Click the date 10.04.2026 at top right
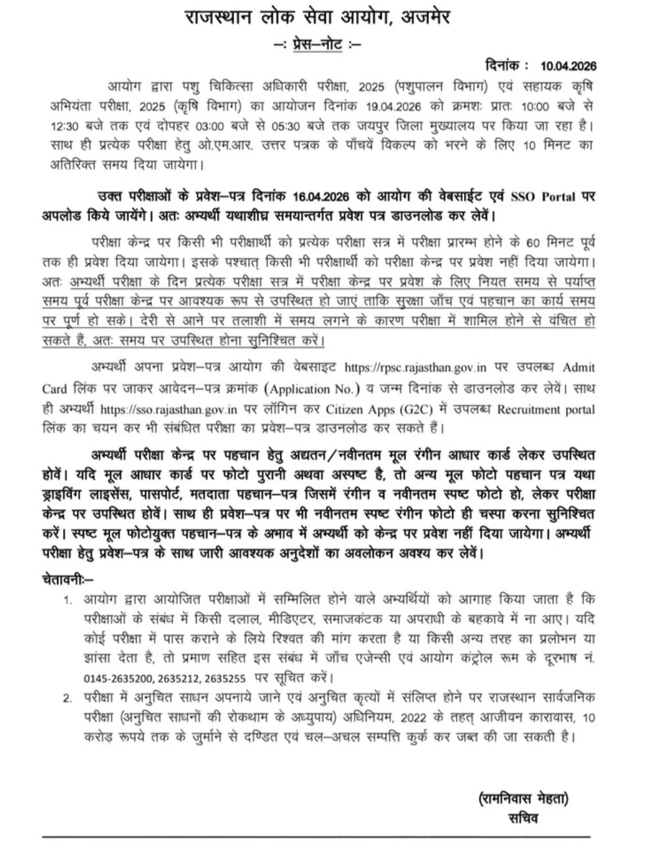[569, 66]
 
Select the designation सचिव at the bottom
[522, 819]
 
